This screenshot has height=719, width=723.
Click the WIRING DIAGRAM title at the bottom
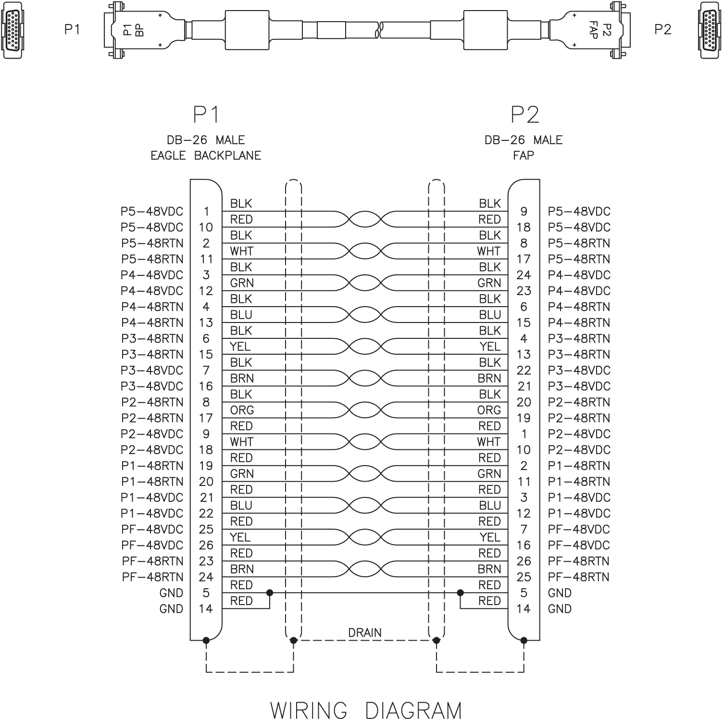(366, 710)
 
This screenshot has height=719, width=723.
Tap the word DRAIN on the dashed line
(365, 632)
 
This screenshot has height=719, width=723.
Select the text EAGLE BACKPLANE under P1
(206, 156)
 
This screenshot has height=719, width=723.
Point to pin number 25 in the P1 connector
(206, 529)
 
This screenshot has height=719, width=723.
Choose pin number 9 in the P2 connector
(524, 211)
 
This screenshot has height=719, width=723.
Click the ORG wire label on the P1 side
(242, 410)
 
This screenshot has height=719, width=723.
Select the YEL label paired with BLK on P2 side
(490, 347)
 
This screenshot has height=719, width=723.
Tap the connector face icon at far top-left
(11, 30)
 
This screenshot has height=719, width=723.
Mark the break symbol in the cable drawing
(380, 30)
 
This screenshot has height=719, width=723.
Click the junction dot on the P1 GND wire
(270, 593)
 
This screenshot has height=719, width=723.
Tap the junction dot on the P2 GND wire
(461, 593)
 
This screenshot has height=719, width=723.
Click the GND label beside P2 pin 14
(560, 609)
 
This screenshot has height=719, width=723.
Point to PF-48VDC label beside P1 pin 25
(152, 529)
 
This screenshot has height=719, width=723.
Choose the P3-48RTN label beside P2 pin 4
(579, 339)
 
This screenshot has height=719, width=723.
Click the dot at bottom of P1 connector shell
(206, 640)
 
